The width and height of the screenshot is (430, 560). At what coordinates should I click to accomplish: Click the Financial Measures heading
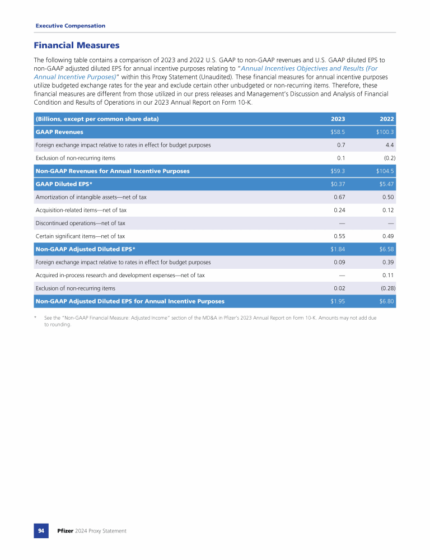tap(77, 45)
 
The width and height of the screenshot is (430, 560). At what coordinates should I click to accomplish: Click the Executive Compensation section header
tap(70, 26)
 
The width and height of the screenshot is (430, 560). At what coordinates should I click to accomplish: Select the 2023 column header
tap(338, 119)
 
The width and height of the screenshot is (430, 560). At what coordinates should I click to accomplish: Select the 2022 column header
tap(387, 119)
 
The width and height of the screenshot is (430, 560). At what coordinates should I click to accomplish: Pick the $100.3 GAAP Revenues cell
tap(386, 132)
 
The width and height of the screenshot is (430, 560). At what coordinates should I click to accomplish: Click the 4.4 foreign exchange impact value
tap(390, 145)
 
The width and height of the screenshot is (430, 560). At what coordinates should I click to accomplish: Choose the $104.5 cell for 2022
tap(386, 171)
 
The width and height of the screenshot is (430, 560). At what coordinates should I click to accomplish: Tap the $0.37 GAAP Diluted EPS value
tap(337, 184)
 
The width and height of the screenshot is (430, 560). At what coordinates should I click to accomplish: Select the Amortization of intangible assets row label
tap(91, 197)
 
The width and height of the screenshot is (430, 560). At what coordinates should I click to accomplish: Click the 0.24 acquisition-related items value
tap(339, 210)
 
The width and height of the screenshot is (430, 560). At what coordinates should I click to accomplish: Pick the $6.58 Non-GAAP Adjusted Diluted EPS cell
tap(387, 249)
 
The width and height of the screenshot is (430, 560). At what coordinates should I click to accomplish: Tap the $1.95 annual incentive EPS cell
tap(337, 301)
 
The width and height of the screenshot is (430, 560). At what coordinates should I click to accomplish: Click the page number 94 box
tap(41, 530)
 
